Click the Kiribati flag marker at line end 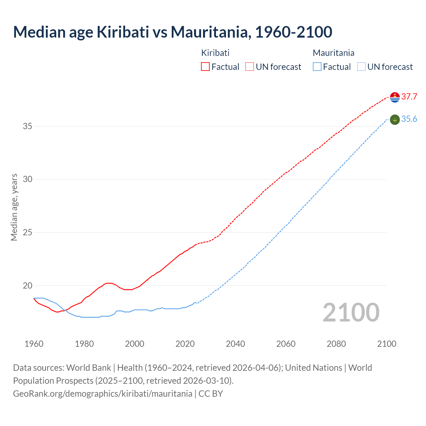tap(395, 97)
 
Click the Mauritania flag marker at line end tap(395, 119)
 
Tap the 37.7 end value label tap(409, 97)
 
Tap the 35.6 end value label tap(409, 119)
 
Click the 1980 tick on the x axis tap(84, 344)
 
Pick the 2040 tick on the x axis tap(235, 344)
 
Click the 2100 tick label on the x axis tap(386, 344)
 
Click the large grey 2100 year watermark tap(351, 313)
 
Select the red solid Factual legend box tap(205, 67)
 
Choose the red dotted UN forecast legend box tap(250, 67)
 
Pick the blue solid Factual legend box tap(317, 67)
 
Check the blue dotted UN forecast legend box tap(361, 67)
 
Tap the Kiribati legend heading tap(215, 53)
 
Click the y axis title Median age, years tap(14, 207)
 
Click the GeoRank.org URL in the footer tap(103, 394)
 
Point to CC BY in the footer tap(211, 394)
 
